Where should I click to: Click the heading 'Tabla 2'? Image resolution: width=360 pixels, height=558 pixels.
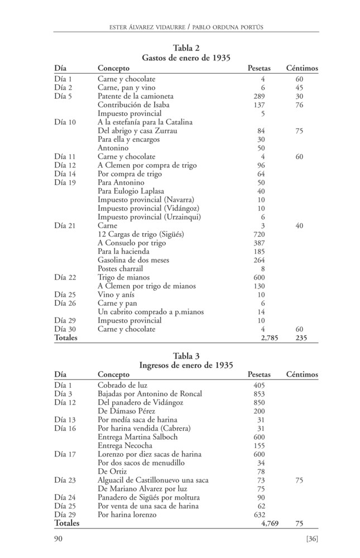point(186,48)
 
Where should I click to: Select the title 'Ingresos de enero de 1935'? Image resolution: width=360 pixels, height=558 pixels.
point(186,365)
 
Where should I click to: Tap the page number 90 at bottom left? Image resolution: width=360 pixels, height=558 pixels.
point(58,538)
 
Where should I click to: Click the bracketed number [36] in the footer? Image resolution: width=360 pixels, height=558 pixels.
point(312,538)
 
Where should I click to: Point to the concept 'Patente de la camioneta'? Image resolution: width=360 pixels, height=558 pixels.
point(136,96)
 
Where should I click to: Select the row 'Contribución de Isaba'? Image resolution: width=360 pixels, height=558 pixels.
point(133,105)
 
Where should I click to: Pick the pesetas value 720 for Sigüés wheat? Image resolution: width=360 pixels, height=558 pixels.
point(259,234)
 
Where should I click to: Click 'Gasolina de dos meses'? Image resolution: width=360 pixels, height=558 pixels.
point(133,260)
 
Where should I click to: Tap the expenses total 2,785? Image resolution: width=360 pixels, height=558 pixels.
point(269,338)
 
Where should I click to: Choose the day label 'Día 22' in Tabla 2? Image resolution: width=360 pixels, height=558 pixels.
point(65,277)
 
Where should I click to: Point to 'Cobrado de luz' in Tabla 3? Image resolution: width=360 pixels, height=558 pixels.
point(122,385)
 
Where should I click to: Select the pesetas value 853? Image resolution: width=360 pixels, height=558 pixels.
point(259,394)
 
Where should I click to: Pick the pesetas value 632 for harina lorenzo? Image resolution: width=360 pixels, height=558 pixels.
point(259,514)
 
